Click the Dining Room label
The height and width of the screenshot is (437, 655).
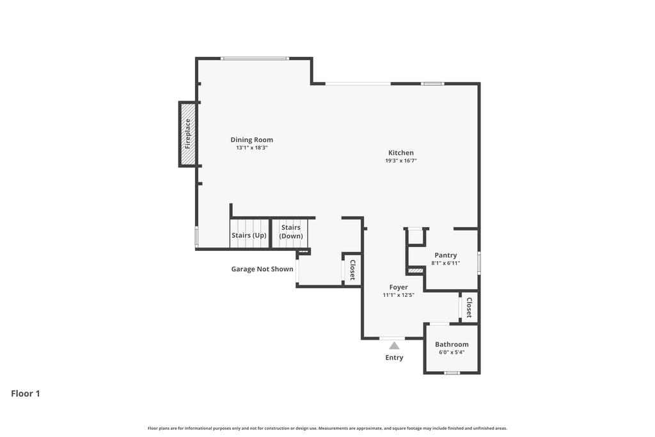[x=251, y=140]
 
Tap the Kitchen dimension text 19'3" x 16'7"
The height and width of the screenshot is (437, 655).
[x=401, y=161]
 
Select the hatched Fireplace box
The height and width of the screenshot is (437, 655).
[x=187, y=134]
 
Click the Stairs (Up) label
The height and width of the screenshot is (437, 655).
[x=249, y=235]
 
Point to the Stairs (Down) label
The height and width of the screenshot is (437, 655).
[x=291, y=232]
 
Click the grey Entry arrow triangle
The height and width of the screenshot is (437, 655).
[x=394, y=346]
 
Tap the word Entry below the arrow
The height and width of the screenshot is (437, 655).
[x=394, y=358]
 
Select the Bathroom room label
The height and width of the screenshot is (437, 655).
[x=452, y=345]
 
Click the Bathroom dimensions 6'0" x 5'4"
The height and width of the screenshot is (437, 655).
[x=452, y=352]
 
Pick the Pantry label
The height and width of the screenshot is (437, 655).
[x=446, y=255]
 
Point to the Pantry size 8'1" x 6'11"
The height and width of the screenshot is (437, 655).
[x=446, y=263]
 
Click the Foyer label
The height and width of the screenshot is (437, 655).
[x=399, y=287]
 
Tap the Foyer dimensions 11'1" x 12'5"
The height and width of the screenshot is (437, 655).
[x=399, y=295]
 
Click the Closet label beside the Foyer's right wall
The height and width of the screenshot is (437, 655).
[x=469, y=308]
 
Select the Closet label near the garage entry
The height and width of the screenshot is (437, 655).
[x=352, y=270]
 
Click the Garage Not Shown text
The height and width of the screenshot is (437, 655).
[x=262, y=269]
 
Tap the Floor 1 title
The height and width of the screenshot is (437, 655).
[x=26, y=393]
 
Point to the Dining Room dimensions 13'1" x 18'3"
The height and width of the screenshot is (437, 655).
[x=251, y=148]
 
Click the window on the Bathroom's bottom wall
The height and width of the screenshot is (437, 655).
[x=452, y=372]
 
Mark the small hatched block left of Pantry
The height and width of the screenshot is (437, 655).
[x=416, y=271]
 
